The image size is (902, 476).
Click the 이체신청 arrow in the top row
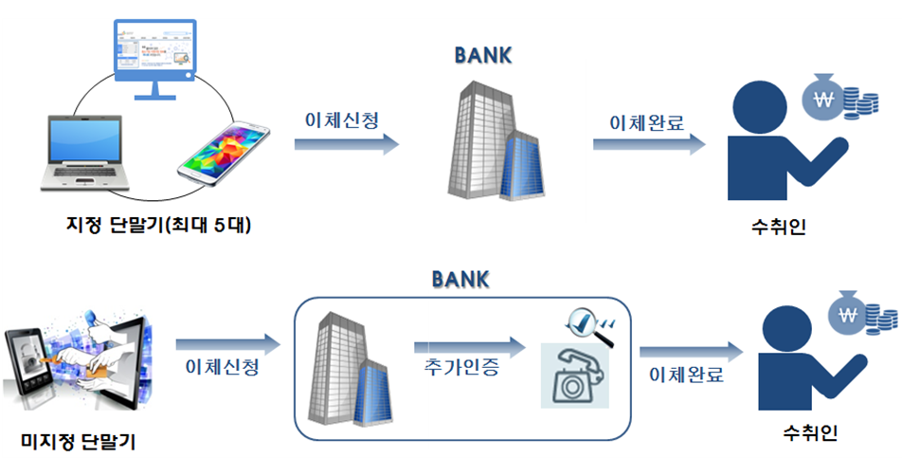346,144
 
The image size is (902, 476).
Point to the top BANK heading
483,55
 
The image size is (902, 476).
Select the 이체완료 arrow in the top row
650,144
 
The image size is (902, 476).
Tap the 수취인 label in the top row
776,228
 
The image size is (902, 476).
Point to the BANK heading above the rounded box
460,280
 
